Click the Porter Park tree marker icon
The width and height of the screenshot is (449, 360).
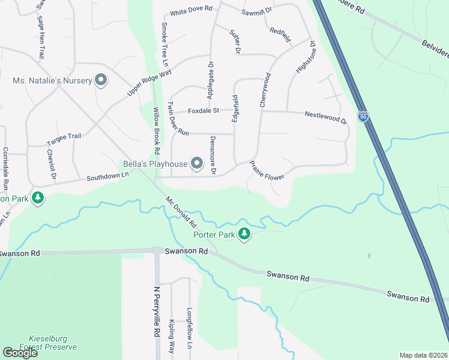point(244,233)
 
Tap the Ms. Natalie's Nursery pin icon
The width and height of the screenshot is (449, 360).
point(101,80)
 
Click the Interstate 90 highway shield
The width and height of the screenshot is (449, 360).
point(363,116)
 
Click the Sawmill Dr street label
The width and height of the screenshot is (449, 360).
point(257,11)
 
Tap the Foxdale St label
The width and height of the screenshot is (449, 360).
point(204,110)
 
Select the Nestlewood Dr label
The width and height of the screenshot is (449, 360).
point(326,116)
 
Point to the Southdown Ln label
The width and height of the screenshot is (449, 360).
point(107,176)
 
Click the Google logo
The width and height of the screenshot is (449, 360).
point(20,353)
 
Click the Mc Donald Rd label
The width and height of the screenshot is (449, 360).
point(182,211)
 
